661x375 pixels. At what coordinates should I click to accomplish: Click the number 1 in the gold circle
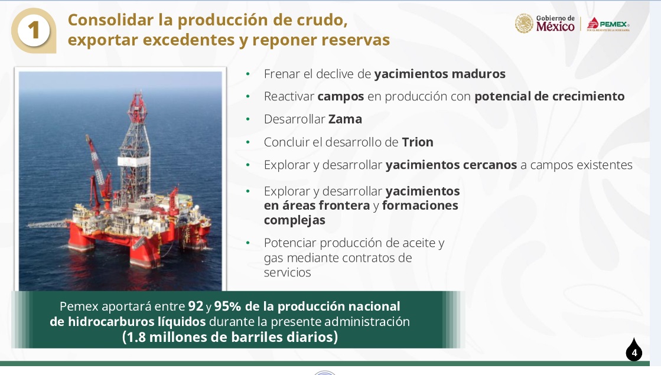[33, 31]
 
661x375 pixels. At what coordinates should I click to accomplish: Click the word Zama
[345, 119]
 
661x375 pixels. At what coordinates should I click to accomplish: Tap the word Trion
[418, 142]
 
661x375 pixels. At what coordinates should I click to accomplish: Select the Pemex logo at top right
[608, 24]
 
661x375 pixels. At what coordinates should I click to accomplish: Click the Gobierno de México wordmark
[555, 24]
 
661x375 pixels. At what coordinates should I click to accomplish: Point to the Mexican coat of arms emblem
[524, 24]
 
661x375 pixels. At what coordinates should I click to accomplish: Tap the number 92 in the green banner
[196, 306]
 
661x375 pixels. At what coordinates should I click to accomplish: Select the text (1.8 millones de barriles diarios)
[230, 337]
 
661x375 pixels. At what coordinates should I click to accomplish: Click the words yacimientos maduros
[439, 74]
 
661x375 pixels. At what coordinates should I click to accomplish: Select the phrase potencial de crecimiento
[549, 96]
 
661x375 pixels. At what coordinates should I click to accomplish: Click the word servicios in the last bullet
[288, 273]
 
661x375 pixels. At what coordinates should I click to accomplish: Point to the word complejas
[295, 220]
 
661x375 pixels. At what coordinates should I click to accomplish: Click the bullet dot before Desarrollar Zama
[248, 119]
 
